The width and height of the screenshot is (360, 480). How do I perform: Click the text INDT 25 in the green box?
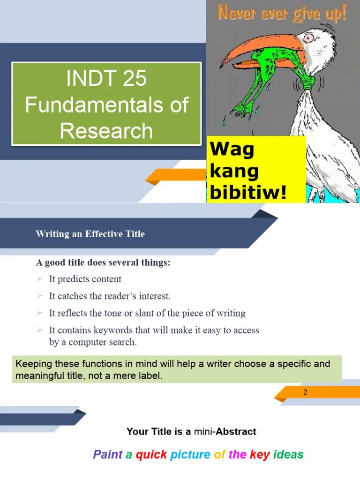click(106, 78)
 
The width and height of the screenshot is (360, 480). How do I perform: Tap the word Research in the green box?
click(106, 131)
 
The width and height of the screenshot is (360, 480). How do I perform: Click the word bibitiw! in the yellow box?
click(248, 192)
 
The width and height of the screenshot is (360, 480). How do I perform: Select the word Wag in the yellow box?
click(232, 150)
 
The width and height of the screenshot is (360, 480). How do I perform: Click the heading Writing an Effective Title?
click(90, 234)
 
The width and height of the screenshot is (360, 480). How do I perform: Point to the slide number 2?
click(305, 392)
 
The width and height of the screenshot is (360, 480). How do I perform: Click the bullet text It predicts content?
click(85, 279)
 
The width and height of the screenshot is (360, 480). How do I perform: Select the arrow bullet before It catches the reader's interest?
click(39, 296)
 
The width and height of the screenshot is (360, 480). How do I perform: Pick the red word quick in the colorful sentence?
click(151, 454)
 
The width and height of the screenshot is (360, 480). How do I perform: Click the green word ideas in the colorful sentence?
click(288, 454)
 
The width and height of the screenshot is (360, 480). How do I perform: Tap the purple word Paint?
click(107, 454)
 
